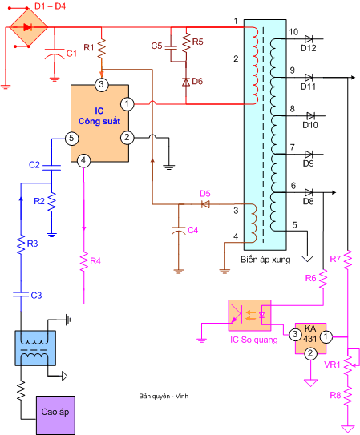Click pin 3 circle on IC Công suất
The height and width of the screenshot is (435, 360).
point(102,84)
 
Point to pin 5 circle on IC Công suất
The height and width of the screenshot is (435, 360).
point(71,138)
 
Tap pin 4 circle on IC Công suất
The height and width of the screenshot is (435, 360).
point(84,160)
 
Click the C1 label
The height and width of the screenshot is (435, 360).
point(71,54)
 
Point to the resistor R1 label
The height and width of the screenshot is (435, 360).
point(89,49)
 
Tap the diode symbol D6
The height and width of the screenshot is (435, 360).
point(186,81)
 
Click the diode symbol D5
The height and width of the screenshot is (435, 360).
point(204,203)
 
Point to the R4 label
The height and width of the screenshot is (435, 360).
point(96,261)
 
